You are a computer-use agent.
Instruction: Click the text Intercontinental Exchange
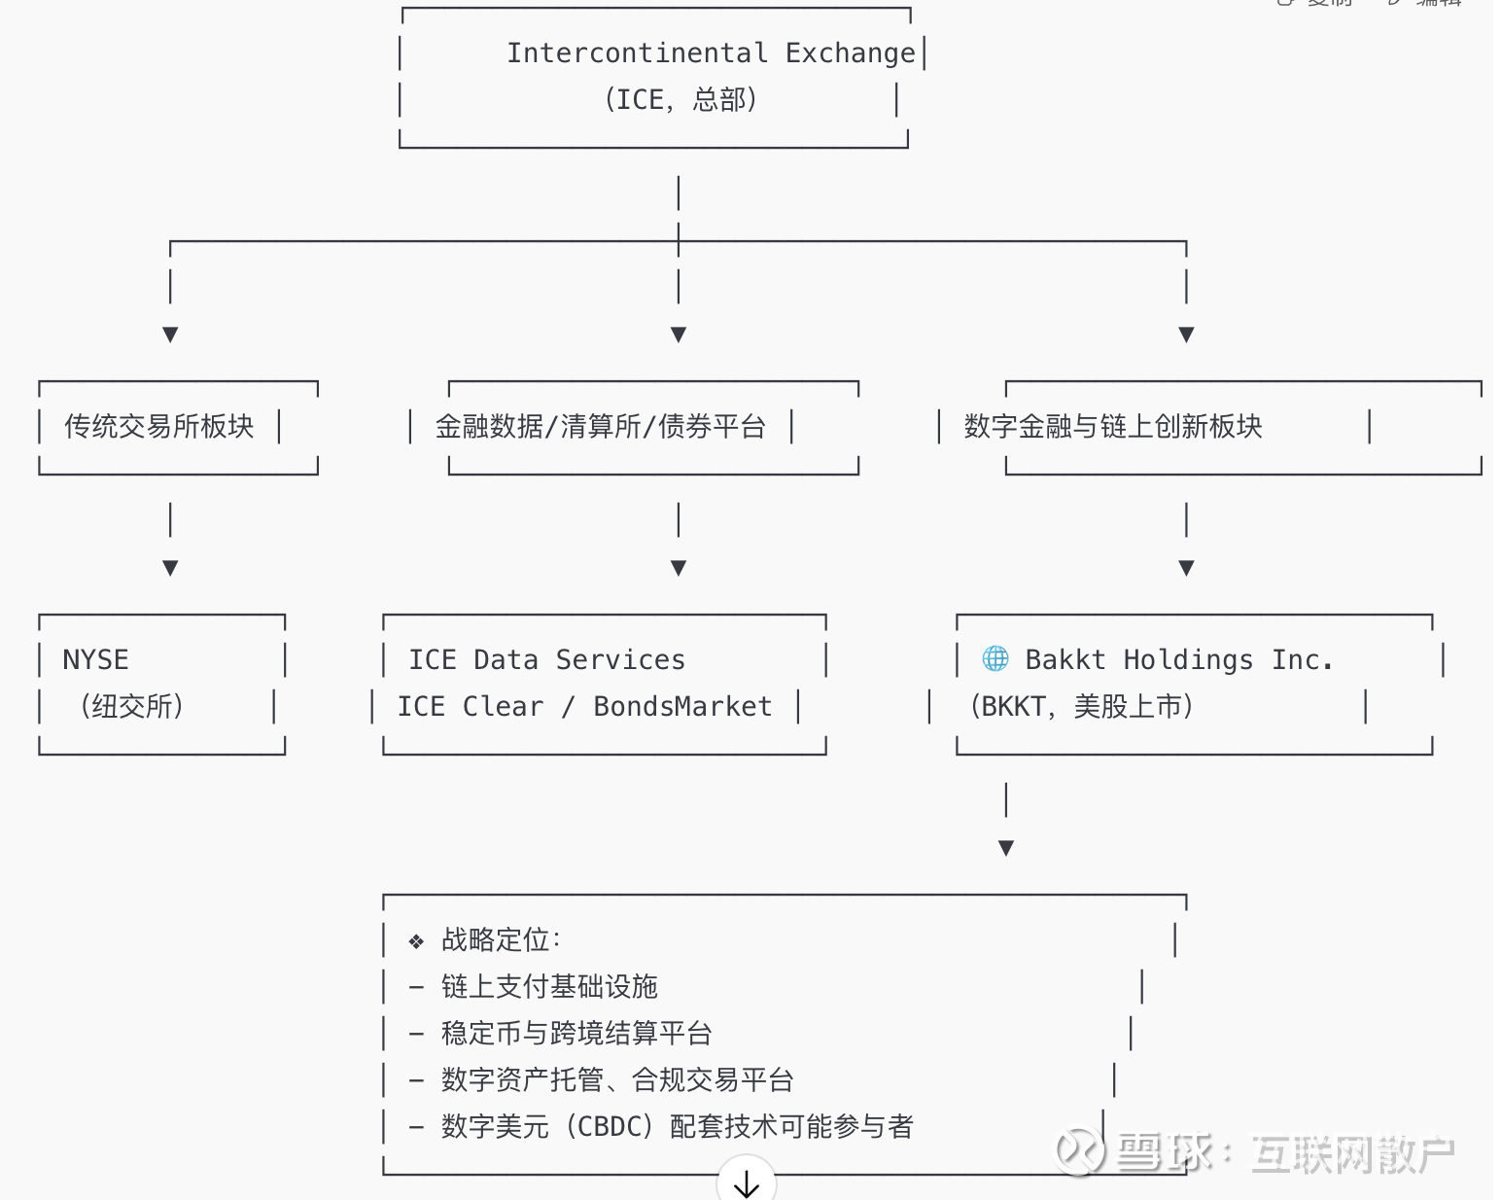pos(711,53)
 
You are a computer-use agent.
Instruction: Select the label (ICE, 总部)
pos(680,99)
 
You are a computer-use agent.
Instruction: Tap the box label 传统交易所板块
pos(159,426)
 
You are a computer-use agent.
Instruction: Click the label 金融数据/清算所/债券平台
pos(601,426)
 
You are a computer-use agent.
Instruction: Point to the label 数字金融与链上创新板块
pos(1112,426)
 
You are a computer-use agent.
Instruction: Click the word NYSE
pos(95,659)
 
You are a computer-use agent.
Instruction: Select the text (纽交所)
pos(131,706)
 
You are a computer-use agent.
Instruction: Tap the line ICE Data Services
pos(546,659)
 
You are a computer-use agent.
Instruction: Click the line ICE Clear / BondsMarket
pos(584,706)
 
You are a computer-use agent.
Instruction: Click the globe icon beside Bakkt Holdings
pos(995,658)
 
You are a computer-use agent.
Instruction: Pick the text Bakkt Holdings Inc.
pos(1178,659)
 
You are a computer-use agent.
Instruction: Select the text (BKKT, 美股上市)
pos(1081,706)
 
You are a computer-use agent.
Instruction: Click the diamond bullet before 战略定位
pos(416,941)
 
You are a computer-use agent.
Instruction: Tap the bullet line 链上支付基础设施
pos(549,986)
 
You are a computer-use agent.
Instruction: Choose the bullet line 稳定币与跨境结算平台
pos(576,1033)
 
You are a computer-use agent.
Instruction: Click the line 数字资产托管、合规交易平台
pos(617,1079)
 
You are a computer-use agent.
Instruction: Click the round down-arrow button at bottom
pos(746,1182)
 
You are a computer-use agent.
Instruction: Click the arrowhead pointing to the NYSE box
pos(170,568)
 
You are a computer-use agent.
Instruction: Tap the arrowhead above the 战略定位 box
pos(1006,848)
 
